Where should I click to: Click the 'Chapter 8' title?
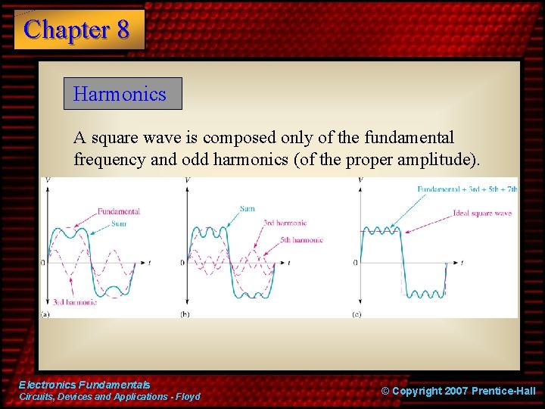(76, 30)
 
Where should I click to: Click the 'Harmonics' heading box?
(122, 94)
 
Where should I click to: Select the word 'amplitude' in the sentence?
(437, 160)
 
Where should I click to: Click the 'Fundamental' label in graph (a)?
(118, 211)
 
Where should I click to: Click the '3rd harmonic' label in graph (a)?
(74, 302)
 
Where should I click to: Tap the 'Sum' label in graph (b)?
(247, 208)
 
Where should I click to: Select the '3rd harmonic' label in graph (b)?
(285, 223)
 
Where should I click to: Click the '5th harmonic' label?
(301, 240)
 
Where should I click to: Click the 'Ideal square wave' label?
(481, 214)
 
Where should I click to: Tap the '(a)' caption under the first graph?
(45, 314)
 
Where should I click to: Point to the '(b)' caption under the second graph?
(185, 314)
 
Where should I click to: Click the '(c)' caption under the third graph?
(357, 314)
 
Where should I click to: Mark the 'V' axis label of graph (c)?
(360, 180)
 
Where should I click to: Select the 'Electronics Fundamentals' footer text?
(84, 385)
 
